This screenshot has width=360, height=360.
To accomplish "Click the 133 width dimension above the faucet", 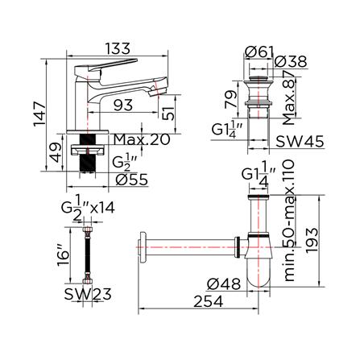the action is coord(118,49).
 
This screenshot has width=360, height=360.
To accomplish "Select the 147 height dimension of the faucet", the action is coord(40,114).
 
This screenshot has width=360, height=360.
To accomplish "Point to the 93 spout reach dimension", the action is coord(123,105).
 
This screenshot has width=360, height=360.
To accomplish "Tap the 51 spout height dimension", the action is coord(168,111).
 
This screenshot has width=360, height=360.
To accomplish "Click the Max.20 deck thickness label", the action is coord(142,139).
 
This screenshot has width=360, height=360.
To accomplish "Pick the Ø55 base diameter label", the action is coord(132,180).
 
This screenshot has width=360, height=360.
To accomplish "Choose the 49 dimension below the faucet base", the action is coord(56,152).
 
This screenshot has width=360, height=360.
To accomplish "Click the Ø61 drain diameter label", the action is coord(259,52).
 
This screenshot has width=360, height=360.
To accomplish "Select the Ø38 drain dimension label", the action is coord(291,62).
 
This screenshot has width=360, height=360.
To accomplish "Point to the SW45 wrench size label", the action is coord(300,141).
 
